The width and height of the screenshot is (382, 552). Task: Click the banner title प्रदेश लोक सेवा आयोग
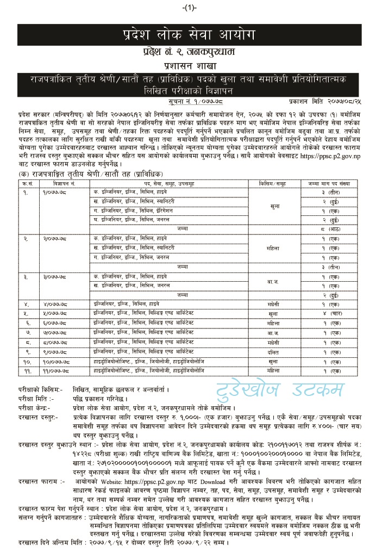pyautogui.click(x=191, y=37)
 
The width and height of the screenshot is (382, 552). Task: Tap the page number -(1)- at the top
pyautogui.click(x=191, y=7)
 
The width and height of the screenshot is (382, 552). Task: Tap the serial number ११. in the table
pyautogui.click(x=25, y=370)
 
